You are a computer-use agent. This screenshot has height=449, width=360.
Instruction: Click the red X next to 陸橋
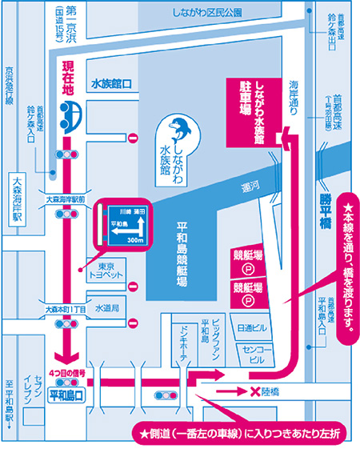(x=255, y=392)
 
